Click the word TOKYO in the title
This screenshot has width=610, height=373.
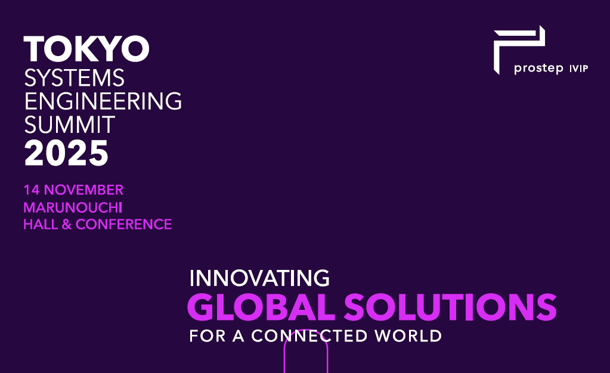[86, 49]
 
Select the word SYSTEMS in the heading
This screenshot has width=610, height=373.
[74, 77]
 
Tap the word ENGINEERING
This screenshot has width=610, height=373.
[103, 101]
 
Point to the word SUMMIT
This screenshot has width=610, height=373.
[69, 125]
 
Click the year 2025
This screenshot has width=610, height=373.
[66, 153]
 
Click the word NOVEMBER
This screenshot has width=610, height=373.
[83, 190]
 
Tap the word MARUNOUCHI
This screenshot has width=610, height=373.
[72, 207]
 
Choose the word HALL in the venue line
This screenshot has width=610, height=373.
[39, 225]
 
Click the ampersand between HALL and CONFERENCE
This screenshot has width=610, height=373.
[66, 225]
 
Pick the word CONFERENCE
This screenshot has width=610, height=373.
[123, 225]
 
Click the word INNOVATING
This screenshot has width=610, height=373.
[259, 278]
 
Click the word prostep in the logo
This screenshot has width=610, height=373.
[538, 69]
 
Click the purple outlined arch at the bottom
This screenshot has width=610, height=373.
[306, 352]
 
